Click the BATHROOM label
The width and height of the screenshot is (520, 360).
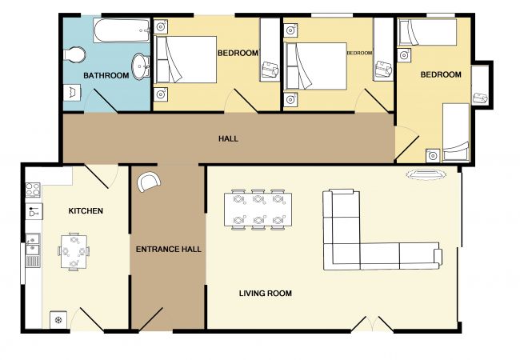(x=106, y=75)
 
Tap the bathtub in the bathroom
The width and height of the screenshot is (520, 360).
(x=122, y=30)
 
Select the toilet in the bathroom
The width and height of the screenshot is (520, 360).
(x=74, y=54)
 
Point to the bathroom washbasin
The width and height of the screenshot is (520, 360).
(x=141, y=66)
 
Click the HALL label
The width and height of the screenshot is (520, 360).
(x=228, y=138)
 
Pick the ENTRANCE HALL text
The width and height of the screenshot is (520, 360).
(x=169, y=250)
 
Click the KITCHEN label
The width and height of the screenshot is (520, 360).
(x=86, y=211)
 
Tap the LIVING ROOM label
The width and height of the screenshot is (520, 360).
(x=266, y=293)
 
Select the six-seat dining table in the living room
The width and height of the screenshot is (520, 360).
(x=258, y=210)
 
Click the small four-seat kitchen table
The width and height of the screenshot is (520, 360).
(x=74, y=252)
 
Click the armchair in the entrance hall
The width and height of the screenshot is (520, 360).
(x=149, y=182)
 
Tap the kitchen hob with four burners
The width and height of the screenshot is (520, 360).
(x=33, y=190)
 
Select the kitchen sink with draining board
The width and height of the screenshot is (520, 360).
(x=33, y=250)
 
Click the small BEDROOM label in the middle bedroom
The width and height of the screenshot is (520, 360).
(x=359, y=53)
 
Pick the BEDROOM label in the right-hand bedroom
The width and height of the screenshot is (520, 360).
(x=441, y=74)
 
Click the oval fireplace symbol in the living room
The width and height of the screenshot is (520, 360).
(x=426, y=174)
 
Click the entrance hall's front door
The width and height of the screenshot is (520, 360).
(x=151, y=319)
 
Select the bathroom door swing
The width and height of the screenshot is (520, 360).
(x=101, y=101)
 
